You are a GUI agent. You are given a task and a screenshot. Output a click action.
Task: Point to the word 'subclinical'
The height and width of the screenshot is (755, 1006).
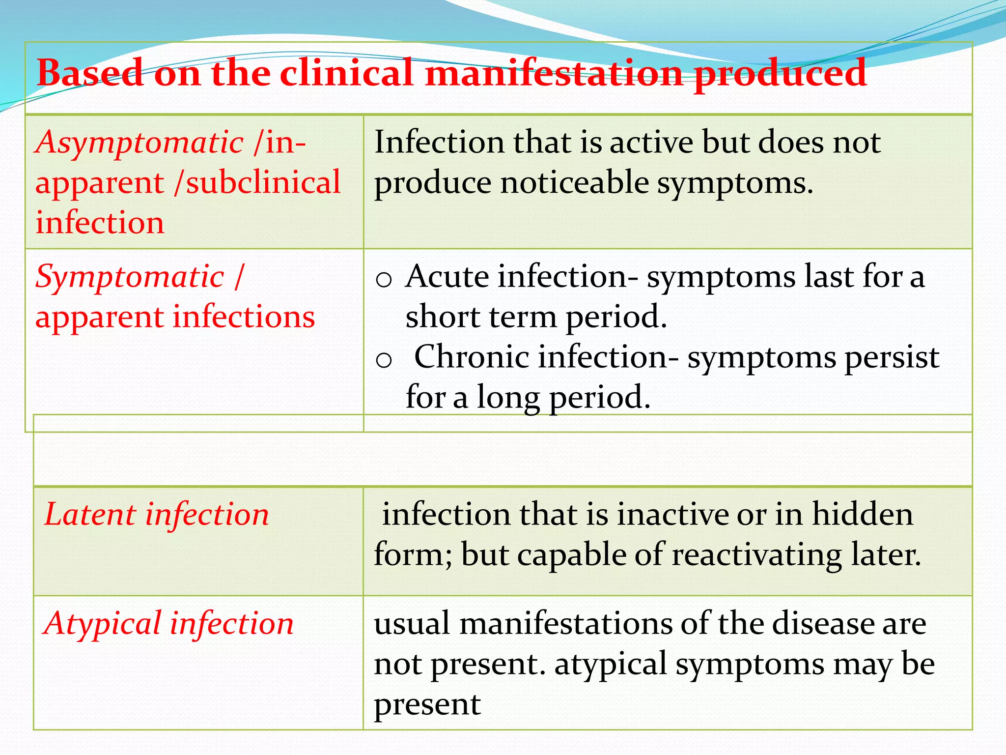263,182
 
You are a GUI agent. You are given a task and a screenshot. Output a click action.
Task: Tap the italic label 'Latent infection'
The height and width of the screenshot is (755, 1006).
157,515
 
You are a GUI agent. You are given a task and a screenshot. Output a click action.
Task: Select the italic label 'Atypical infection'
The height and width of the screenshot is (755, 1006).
168,624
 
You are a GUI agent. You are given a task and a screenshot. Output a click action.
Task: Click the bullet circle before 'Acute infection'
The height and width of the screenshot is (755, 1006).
383,280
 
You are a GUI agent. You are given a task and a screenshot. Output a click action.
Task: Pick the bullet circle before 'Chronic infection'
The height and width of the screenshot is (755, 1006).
383,360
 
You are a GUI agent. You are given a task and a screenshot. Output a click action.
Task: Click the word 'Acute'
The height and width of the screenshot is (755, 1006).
447,277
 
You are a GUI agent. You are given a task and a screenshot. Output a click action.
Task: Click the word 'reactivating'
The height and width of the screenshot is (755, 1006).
756,555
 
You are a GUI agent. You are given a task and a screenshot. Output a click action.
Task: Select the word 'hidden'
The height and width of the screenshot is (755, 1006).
863,515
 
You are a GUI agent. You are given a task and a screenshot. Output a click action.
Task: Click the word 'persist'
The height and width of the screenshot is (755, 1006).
892,358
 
